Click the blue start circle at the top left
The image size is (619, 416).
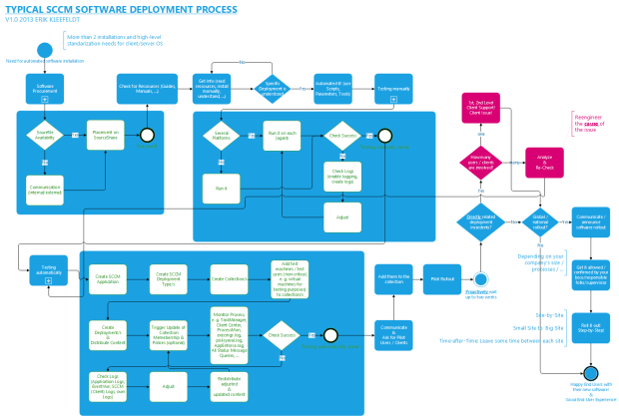click(45, 50)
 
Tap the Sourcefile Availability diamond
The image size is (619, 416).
click(45, 136)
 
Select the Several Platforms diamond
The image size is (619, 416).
click(221, 136)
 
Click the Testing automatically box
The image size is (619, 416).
click(44, 270)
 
